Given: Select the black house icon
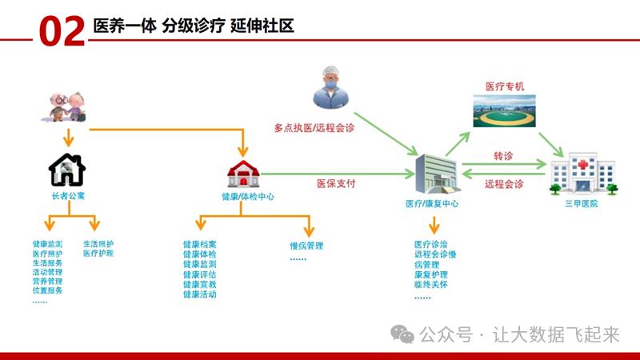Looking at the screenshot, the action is [67, 169].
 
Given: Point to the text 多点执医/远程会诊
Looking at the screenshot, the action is [314, 127].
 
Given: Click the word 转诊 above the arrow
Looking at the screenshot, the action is [503, 155].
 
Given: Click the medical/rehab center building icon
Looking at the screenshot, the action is [436, 173].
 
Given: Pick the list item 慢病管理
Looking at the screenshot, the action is [306, 246].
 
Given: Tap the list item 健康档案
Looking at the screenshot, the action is [199, 244].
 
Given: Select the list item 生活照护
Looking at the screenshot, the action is [98, 243].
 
